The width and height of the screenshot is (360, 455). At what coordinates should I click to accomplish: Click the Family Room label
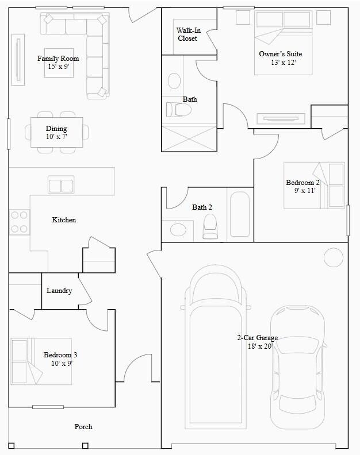pyautogui.click(x=58, y=59)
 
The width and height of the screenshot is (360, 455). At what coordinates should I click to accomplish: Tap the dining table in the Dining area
pyautogui.click(x=56, y=132)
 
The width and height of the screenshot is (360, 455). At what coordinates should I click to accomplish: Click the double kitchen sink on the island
pyautogui.click(x=61, y=186)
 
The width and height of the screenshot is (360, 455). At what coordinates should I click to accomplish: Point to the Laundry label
pyautogui.click(x=59, y=291)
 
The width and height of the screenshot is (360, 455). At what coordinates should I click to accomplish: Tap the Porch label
pyautogui.click(x=83, y=426)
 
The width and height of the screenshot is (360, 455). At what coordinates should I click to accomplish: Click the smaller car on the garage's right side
pyautogui.click(x=297, y=367)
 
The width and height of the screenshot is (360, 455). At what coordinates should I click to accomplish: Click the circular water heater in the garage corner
pyautogui.click(x=333, y=257)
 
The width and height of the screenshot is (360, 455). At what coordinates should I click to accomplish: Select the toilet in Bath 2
pyautogui.click(x=210, y=226)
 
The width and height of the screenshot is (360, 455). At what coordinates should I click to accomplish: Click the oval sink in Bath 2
pyautogui.click(x=178, y=230)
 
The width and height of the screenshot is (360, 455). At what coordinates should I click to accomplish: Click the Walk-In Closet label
pyautogui.click(x=187, y=34)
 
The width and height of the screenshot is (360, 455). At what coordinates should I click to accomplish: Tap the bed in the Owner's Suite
pyautogui.click(x=283, y=43)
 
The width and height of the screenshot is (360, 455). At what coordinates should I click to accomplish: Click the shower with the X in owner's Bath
pyautogui.click(x=189, y=138)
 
